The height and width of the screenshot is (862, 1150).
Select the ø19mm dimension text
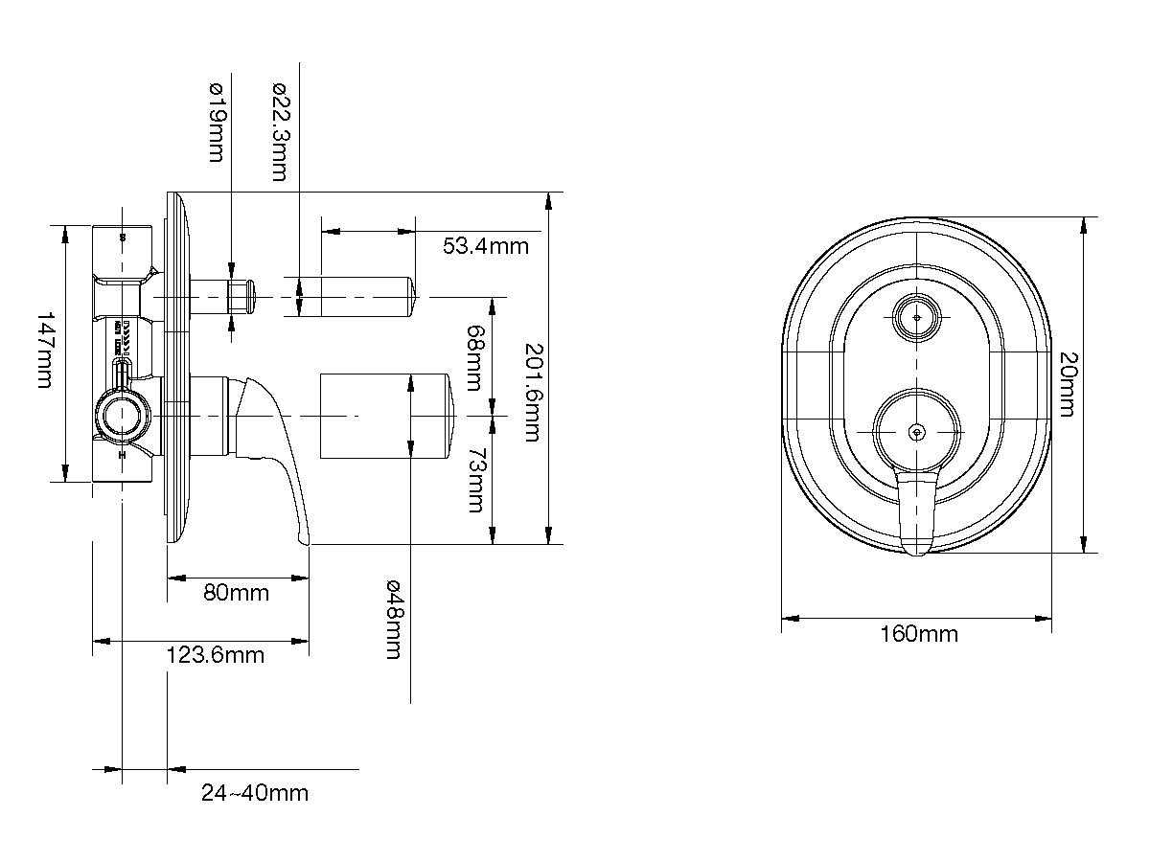pos(216,122)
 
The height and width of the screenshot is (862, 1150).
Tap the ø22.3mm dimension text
pos(278,131)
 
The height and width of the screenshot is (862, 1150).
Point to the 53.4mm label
pos(485,246)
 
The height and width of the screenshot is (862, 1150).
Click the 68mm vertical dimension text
pos(473,358)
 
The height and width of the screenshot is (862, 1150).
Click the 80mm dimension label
pos(237,593)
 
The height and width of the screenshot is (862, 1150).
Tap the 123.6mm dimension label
pos(215,656)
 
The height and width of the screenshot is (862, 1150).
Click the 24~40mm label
pos(255,793)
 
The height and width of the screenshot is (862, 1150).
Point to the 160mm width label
pos(918,634)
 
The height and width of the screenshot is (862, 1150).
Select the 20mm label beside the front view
pos(1067,383)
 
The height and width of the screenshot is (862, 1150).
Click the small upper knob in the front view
pos(917,315)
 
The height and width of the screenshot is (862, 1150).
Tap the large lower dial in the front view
pos(917,432)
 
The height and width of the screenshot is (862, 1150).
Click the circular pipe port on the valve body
pos(122,416)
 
